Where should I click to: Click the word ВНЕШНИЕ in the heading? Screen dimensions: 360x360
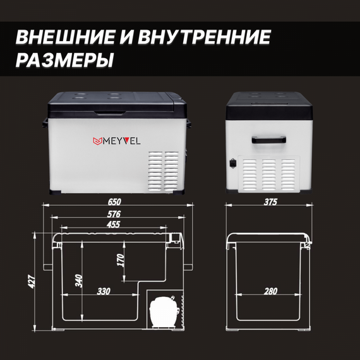[65, 37]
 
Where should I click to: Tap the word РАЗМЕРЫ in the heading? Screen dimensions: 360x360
[64, 60]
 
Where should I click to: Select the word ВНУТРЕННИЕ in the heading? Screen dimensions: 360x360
[204, 37]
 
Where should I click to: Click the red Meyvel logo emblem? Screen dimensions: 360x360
[97, 141]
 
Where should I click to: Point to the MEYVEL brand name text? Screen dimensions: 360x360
[122, 141]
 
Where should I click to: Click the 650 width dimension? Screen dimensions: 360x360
[114, 202]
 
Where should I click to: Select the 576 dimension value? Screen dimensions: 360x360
[114, 214]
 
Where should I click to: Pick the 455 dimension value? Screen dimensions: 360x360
[114, 224]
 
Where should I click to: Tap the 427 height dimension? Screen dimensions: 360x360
[32, 281]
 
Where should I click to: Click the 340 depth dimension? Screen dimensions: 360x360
[79, 280]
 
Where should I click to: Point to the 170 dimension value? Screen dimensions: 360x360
[121, 260]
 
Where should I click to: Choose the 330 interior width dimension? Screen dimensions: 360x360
[104, 291]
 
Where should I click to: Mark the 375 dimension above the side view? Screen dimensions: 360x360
[271, 202]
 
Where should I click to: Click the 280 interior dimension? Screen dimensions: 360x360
[271, 291]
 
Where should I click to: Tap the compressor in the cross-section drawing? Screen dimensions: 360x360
[162, 312]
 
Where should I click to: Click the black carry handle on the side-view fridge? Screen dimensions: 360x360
[269, 140]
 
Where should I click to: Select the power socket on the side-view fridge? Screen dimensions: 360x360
[233, 163]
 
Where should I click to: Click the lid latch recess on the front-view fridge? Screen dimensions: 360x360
[110, 113]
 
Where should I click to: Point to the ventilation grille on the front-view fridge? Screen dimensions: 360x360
[164, 171]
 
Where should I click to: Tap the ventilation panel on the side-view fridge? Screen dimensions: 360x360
[269, 174]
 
